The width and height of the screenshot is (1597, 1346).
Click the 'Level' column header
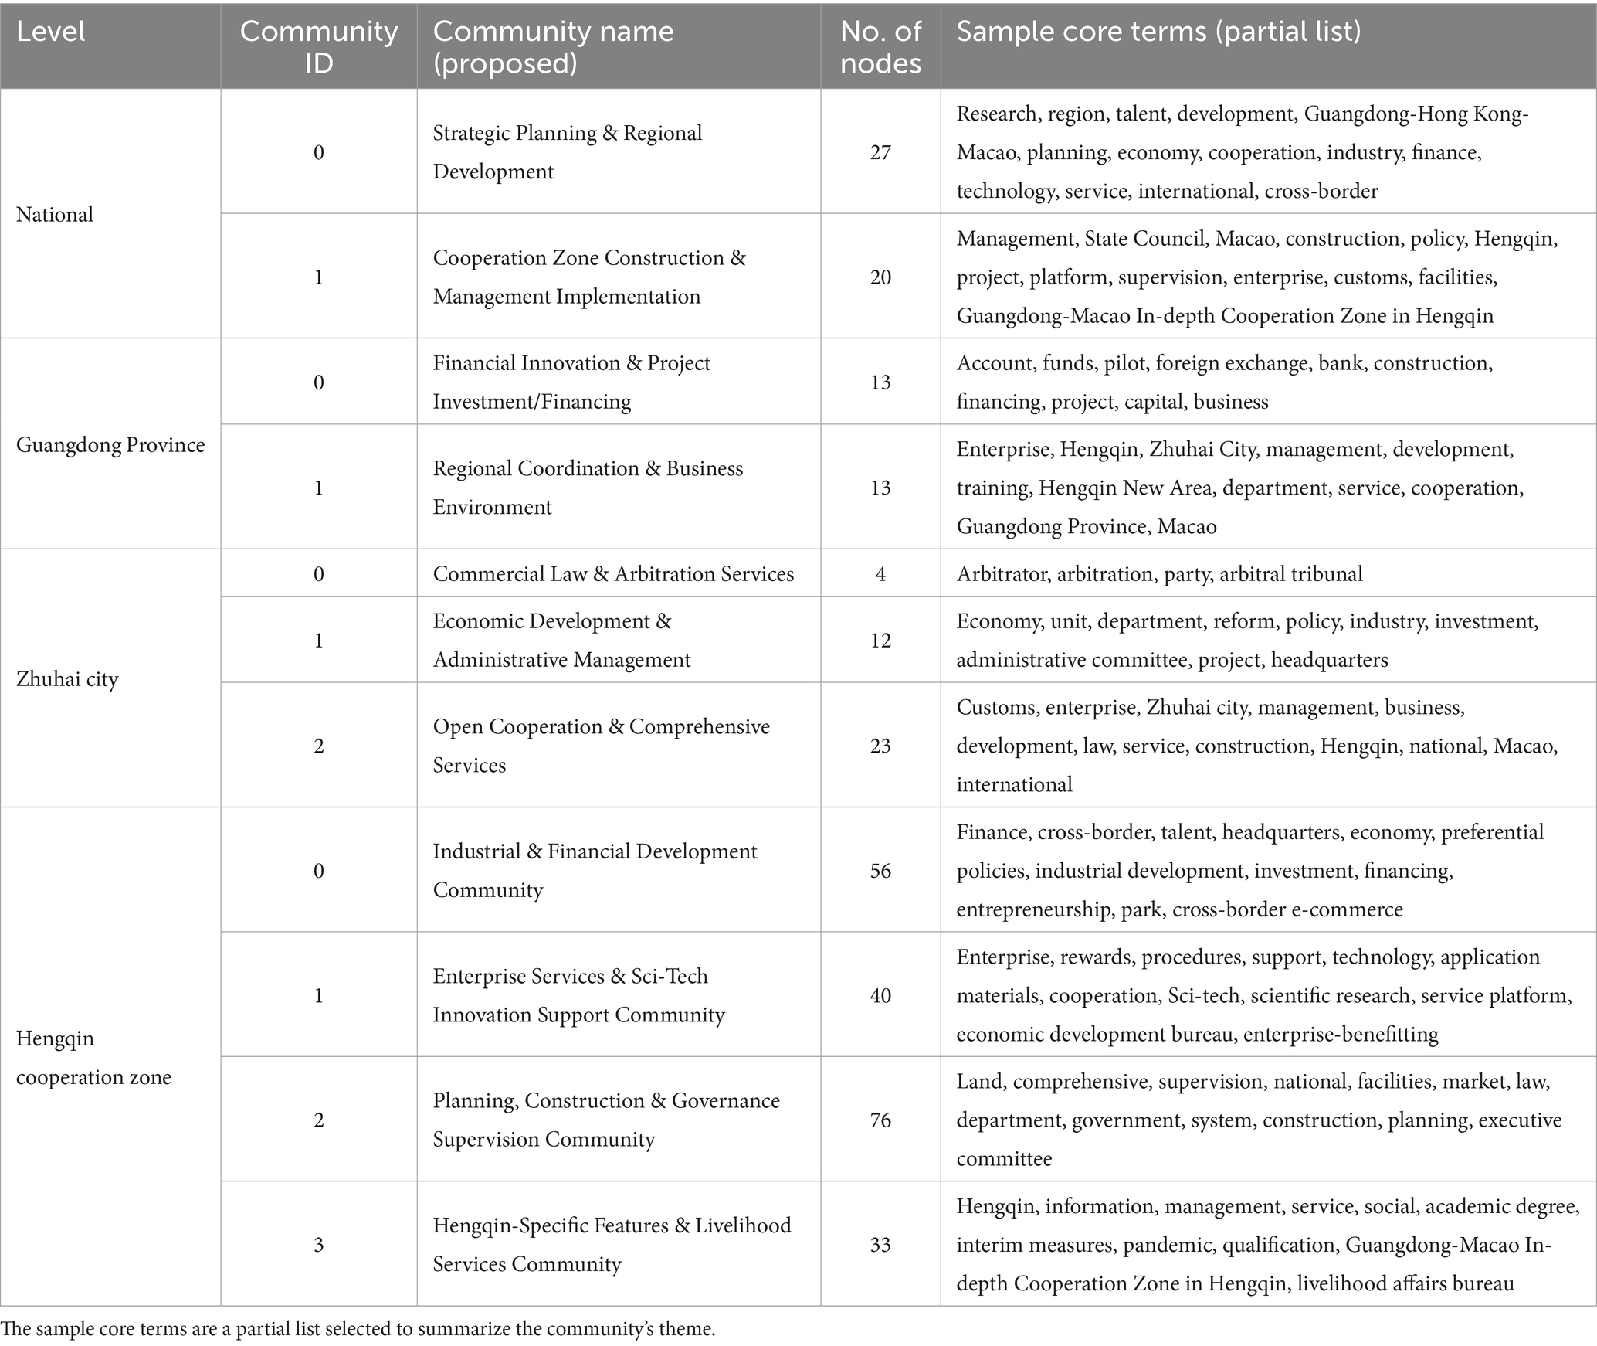coord(50,32)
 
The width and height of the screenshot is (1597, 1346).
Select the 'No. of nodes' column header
coord(880,46)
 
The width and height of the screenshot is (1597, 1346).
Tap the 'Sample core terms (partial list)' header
coord(1158,32)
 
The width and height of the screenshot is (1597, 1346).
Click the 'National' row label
coord(55,214)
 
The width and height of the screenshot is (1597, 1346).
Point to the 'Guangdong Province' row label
coord(110,444)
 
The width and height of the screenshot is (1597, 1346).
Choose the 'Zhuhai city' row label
coord(67,679)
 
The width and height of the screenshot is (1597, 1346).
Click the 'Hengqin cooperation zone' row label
coord(93,1057)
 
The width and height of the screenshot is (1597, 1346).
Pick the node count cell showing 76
coord(880,1120)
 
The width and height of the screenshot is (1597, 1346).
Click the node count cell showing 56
coord(880,871)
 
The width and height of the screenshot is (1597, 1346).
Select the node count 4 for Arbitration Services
coord(880,573)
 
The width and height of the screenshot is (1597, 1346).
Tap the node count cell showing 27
coord(880,152)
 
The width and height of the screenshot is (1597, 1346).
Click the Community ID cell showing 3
coord(318,1244)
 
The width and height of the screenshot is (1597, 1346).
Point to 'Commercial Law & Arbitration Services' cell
coord(613,573)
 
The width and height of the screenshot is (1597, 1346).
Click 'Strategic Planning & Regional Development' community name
coord(568,152)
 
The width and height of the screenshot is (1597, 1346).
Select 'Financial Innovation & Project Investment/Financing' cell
coord(571,382)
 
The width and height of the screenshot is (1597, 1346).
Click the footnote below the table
coord(358,1329)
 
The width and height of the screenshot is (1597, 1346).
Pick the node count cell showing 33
coord(880,1244)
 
